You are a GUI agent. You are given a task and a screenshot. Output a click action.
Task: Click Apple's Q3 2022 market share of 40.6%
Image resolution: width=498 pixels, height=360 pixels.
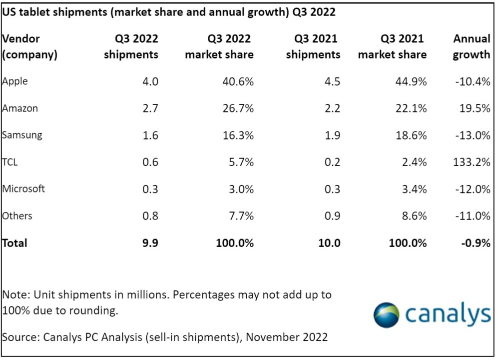tap(238, 81)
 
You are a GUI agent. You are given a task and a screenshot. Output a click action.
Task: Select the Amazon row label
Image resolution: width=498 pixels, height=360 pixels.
tap(20, 108)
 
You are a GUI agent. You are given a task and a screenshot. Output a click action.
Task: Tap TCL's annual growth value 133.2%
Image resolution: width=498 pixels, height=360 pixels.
tap(472, 162)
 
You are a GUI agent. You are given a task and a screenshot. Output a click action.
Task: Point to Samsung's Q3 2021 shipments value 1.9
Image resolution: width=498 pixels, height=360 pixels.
tap(332, 135)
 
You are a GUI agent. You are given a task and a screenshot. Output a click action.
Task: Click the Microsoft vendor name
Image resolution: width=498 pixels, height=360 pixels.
tap(23, 188)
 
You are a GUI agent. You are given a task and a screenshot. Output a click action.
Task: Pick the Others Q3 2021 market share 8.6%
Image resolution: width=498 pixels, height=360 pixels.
tap(414, 216)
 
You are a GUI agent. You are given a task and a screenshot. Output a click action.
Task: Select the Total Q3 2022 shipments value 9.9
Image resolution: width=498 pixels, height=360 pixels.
tap(150, 243)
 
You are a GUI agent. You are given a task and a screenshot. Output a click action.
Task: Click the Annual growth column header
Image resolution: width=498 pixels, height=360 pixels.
tap(472, 46)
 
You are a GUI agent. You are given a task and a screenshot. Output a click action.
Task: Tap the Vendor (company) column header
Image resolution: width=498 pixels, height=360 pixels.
tap(30, 46)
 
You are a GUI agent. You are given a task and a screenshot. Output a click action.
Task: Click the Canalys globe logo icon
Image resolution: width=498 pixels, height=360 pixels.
tap(386, 315)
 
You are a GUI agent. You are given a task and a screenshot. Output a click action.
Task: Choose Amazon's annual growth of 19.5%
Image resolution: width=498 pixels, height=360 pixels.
tap(475, 108)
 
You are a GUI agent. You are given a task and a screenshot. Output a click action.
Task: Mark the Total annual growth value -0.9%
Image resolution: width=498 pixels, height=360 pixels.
tap(476, 243)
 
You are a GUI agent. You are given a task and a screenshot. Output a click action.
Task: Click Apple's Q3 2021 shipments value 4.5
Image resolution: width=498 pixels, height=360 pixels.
tap(332, 81)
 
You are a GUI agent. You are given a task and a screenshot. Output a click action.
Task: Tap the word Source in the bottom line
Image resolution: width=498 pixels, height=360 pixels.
tap(19, 337)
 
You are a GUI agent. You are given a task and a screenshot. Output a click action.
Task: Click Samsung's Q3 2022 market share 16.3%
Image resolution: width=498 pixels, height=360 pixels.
tap(238, 135)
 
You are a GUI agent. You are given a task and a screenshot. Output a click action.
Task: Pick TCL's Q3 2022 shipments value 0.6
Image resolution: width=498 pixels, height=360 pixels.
tap(150, 162)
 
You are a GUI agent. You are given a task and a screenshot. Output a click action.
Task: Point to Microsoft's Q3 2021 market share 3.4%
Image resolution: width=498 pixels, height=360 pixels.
tap(414, 189)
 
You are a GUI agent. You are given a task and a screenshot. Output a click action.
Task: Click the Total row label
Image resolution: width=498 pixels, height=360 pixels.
tap(15, 243)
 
